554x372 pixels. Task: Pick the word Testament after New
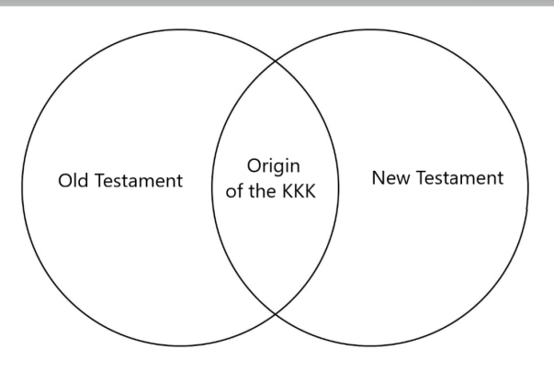click(x=458, y=177)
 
